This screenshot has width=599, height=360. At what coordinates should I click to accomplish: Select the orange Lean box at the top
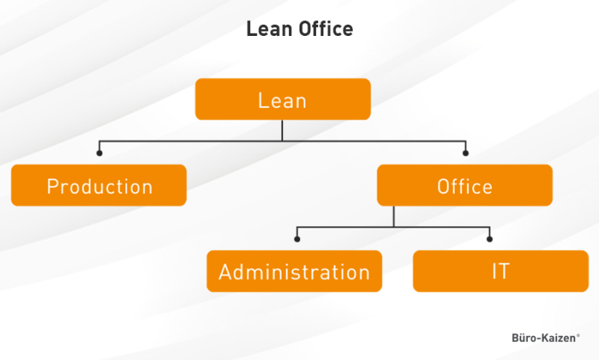pos(282,100)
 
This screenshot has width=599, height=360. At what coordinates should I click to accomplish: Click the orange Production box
pos(99,186)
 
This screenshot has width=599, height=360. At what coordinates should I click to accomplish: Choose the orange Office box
pos(464,186)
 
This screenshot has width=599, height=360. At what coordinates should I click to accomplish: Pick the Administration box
pos(294,271)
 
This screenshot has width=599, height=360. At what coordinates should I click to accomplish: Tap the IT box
pos(500,271)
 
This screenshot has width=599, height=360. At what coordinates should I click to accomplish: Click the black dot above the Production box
pos(100,153)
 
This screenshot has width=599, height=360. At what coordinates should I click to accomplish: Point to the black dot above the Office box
pos(465,153)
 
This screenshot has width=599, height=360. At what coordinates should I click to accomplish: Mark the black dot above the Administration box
pos(297,240)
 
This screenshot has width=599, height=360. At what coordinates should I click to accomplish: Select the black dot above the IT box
pos(490,240)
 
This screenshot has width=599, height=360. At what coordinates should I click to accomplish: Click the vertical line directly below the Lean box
pos(282,130)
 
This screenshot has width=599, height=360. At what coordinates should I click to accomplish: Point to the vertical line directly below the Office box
pos(394,216)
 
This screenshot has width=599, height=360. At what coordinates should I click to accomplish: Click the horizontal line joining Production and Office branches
pos(187,141)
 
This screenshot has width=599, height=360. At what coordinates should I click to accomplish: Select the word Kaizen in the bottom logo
pos(559,338)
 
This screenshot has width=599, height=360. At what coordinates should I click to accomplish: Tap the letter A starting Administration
pos(225,272)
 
